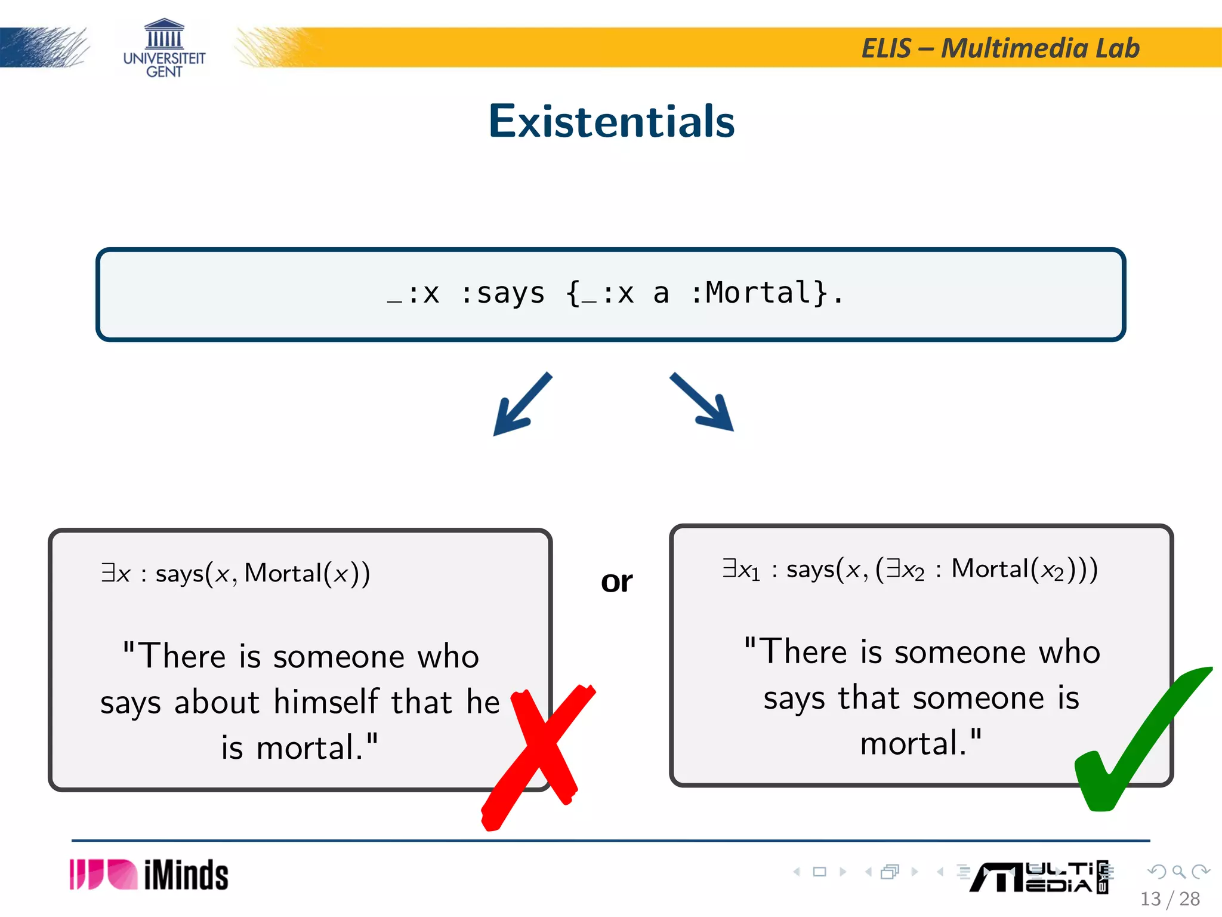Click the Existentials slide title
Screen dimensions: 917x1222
(611, 121)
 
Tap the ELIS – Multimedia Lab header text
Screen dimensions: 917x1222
(1000, 48)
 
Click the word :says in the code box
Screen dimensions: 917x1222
(503, 293)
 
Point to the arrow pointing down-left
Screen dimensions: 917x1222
(521, 404)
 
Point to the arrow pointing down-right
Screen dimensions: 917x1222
(702, 402)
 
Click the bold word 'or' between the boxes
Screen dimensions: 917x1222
(616, 581)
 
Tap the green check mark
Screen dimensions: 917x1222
(1134, 740)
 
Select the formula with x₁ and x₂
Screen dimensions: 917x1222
(909, 569)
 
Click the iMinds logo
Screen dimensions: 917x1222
(149, 875)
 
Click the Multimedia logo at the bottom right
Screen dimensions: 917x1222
(1038, 877)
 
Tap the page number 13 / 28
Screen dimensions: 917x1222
(1169, 898)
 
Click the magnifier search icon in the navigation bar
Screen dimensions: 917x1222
(1178, 872)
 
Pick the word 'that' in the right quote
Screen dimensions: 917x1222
(869, 698)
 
